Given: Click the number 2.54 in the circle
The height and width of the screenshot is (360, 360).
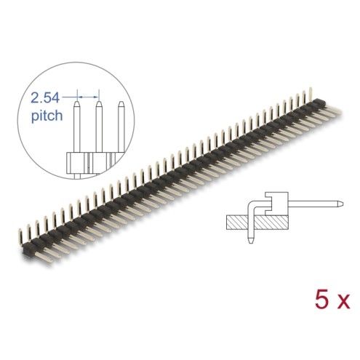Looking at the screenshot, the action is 45,98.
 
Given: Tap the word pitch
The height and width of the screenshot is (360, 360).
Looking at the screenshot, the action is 47,116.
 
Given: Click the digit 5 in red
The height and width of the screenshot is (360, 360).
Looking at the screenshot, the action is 321,300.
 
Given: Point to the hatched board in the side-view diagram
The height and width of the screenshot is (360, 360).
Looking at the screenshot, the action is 257,222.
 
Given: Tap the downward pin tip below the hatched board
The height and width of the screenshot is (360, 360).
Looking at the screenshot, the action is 251,240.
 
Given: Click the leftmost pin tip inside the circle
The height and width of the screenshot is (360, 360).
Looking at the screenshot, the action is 77,104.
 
